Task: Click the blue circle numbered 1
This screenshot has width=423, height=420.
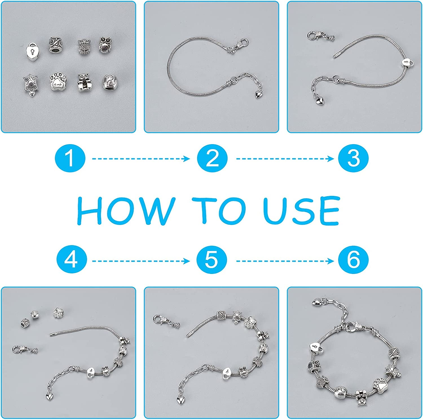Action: click(70, 158)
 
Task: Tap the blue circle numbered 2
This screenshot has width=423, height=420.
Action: click(212, 158)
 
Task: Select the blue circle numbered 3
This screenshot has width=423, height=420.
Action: click(353, 158)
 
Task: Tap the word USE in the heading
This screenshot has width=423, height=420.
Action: click(301, 211)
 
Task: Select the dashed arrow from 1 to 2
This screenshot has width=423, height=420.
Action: click(141, 159)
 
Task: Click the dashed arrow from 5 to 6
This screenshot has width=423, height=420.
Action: click(285, 261)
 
